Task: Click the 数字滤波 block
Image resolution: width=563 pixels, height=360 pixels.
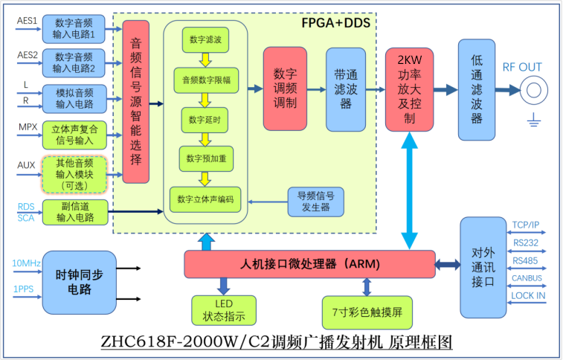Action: [x=205, y=39]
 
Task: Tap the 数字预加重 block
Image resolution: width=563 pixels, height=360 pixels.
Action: [x=206, y=158]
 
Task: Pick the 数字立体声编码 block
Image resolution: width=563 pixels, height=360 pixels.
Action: [x=206, y=199]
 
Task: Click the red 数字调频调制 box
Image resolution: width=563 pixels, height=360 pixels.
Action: [x=285, y=89]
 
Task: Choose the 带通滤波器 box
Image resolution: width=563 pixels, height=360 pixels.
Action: [x=346, y=89]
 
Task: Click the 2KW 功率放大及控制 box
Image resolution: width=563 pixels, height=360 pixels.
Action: [x=409, y=89]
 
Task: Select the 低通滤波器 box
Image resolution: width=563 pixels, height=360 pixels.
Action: [x=477, y=89]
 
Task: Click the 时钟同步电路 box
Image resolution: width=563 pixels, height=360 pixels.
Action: [x=79, y=282]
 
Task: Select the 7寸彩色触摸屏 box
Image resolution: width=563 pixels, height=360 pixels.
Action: [x=367, y=312]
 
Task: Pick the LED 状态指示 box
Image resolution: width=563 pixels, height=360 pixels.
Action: [x=223, y=311]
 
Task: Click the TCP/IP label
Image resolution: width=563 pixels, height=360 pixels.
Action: [x=527, y=225]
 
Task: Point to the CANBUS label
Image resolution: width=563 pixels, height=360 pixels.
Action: [x=527, y=278]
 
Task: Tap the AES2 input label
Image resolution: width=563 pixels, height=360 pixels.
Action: [x=28, y=55]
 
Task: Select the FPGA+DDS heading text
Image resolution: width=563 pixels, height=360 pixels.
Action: [x=335, y=23]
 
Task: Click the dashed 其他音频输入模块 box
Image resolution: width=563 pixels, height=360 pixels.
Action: [x=74, y=174]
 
